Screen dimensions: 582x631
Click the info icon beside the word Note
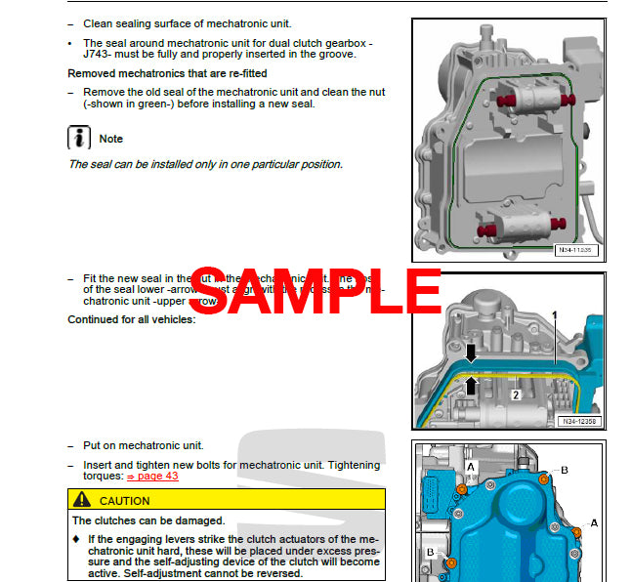tap(79, 138)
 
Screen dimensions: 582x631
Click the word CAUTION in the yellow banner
tap(125, 501)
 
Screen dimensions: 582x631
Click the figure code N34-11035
tap(575, 251)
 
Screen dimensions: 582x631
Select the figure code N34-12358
tap(580, 422)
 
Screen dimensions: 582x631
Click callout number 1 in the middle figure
tap(553, 315)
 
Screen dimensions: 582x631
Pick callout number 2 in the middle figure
tap(515, 395)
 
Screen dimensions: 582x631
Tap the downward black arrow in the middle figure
tap(470, 353)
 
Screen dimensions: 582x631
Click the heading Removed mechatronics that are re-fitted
tap(167, 73)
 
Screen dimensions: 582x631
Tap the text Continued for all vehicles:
tap(131, 319)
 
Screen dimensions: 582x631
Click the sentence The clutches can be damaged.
tap(147, 520)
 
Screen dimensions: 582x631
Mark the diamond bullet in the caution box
tap(76, 539)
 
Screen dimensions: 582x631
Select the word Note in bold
tap(111, 139)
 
